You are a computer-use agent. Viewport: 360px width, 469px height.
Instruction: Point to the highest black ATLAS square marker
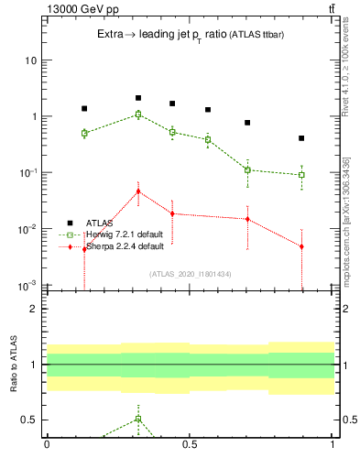point(138,98)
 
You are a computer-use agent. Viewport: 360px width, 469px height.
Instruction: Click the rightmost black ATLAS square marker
point(301,138)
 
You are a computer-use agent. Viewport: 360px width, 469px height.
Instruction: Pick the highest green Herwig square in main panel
point(138,115)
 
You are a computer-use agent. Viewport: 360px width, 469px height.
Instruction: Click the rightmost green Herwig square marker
point(301,174)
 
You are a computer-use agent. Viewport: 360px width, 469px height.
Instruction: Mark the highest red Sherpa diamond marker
point(138,191)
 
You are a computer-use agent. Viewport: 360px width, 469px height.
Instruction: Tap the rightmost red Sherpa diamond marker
point(301,246)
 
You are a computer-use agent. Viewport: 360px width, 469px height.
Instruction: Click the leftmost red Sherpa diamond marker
point(84,249)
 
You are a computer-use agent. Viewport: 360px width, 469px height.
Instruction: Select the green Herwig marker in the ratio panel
point(138,419)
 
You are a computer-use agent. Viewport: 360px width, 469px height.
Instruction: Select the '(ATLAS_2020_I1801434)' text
point(189,274)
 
